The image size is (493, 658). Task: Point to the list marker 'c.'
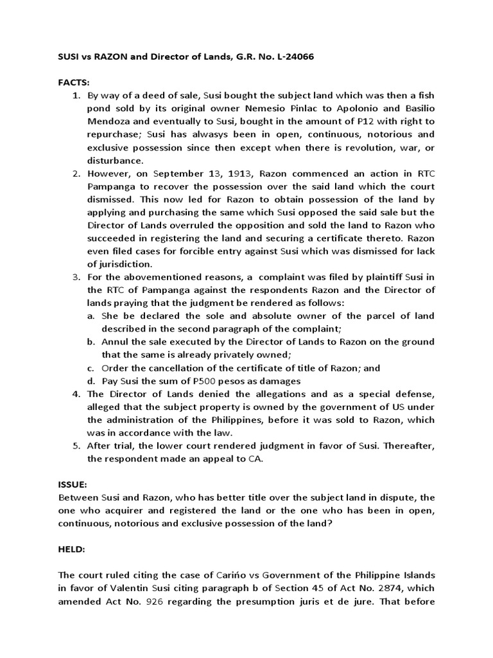click(92, 368)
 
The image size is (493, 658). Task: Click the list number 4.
click(74, 394)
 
